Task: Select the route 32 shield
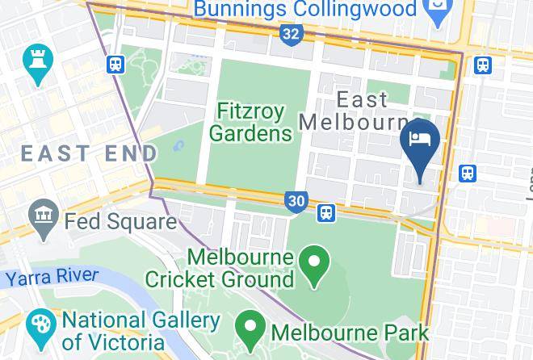(292, 33)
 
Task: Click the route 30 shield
(296, 201)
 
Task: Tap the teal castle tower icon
(38, 62)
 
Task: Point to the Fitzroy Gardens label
(253, 121)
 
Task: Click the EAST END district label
(89, 153)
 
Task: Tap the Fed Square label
(120, 220)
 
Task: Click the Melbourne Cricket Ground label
(220, 270)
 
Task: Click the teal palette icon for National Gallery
(40, 326)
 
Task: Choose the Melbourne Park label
(350, 332)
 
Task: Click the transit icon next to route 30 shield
(326, 212)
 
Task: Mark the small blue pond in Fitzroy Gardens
(178, 147)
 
